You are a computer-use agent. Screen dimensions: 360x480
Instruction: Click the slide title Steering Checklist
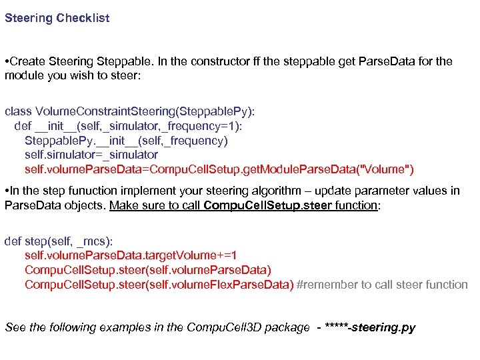point(57,18)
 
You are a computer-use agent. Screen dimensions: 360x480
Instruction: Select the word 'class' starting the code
point(18,111)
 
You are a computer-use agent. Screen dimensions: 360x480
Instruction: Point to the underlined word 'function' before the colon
point(355,205)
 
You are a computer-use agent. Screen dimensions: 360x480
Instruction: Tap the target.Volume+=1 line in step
point(131,255)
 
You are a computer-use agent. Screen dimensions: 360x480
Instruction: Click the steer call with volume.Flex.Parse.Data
point(159,285)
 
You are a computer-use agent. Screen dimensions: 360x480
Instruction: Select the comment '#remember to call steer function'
point(382,285)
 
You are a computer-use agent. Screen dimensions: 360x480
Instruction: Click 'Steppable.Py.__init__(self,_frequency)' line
point(126,141)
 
